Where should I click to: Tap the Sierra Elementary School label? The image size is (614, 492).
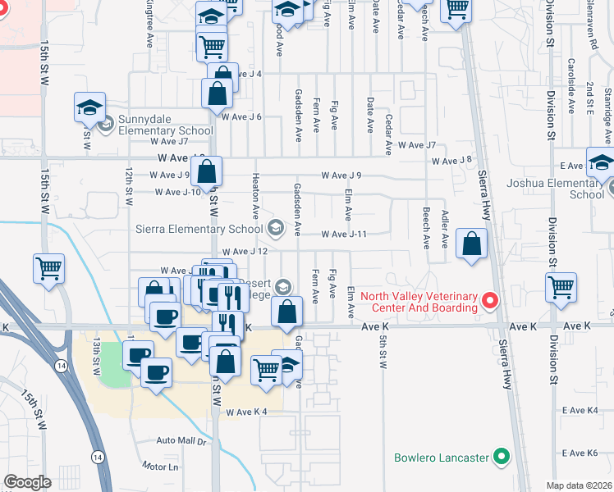[199, 229]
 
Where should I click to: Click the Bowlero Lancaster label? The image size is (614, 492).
[442, 457]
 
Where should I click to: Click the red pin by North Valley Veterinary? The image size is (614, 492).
[491, 301]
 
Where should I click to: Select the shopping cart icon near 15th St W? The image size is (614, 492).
[48, 267]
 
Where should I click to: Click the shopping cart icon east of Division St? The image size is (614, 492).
[561, 288]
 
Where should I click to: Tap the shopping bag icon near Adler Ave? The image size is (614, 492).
[472, 244]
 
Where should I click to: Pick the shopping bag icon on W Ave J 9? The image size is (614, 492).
[208, 172]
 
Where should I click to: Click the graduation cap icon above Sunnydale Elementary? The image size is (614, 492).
[89, 107]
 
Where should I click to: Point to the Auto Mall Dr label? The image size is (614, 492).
[181, 441]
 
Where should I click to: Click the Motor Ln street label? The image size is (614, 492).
[159, 467]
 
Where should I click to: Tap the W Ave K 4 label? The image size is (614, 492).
[248, 412]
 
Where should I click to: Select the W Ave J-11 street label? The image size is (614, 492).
[343, 235]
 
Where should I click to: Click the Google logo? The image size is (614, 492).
[27, 482]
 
